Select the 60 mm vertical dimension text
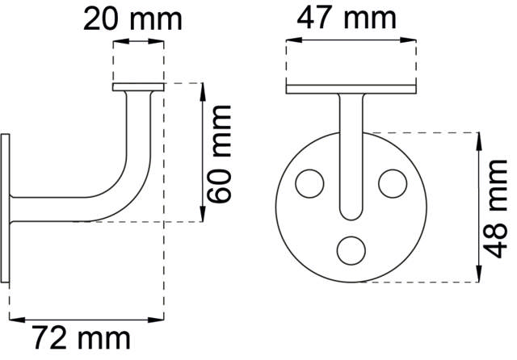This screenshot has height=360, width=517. pos(219,153)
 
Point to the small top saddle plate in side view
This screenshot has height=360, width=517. pos(138,86)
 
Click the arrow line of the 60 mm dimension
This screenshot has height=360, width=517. pos(200,153)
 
